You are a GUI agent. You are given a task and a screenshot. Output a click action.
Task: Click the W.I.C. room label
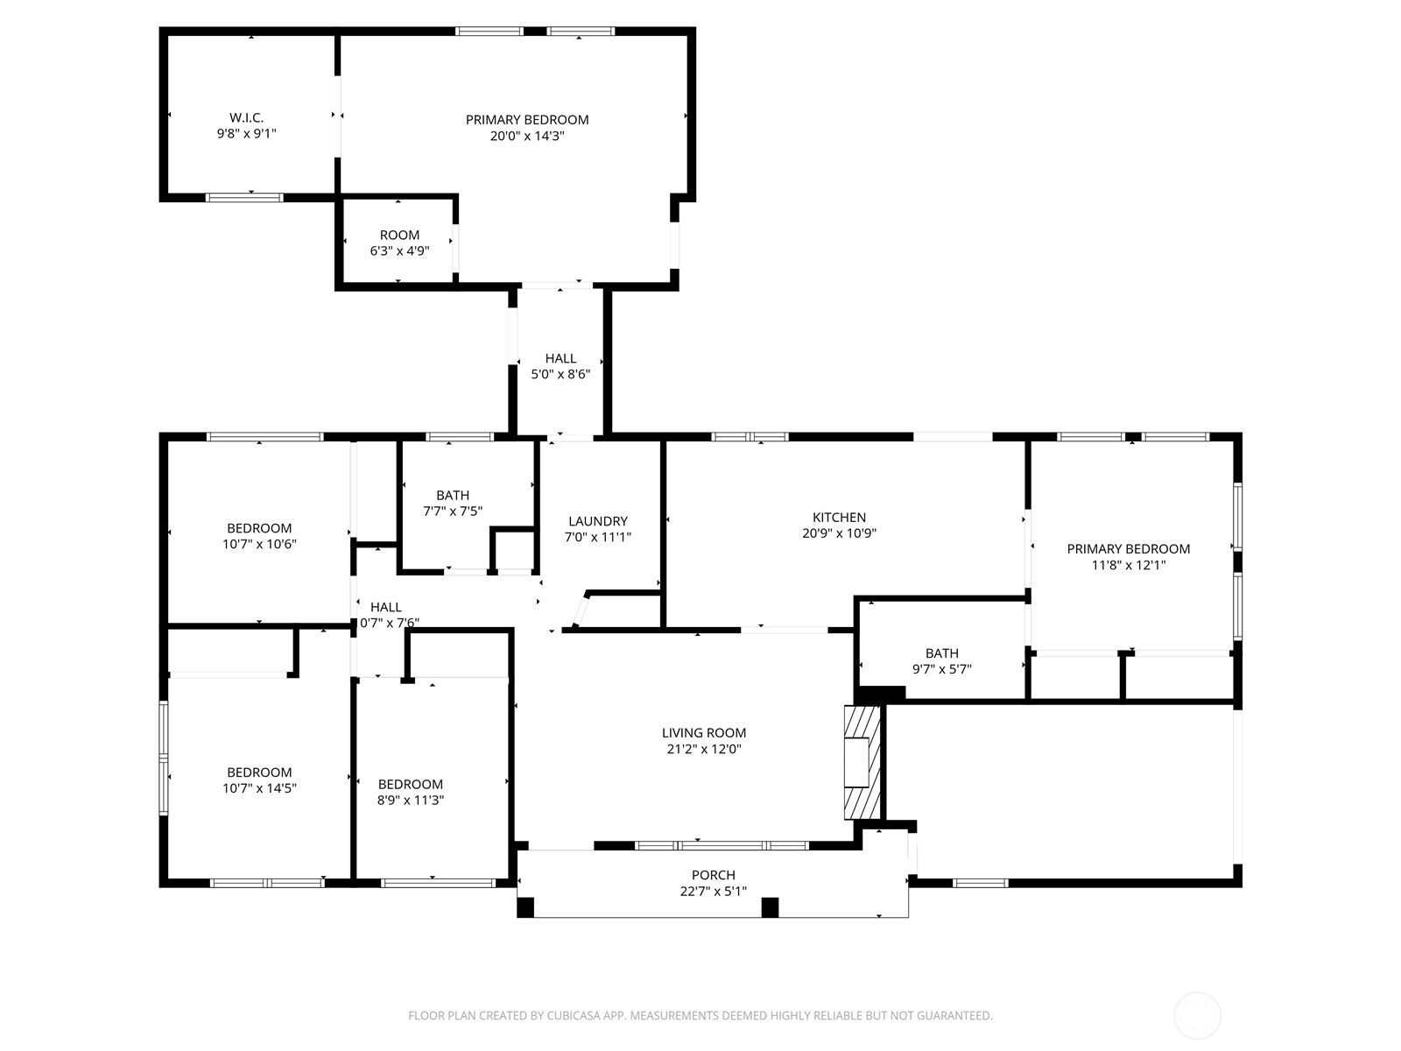[246, 117]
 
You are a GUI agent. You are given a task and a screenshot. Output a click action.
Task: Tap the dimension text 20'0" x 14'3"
[526, 136]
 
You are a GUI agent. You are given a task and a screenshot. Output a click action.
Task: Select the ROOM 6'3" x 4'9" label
[399, 235]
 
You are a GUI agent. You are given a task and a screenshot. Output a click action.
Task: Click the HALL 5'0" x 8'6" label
[560, 358]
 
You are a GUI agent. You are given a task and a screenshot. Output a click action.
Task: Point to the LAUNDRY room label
[597, 521]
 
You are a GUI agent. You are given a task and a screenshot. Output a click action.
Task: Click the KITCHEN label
[839, 518]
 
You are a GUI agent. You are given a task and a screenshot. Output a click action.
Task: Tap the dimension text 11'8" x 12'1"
[1128, 565]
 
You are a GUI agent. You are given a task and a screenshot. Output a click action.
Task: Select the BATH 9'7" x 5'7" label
[941, 653]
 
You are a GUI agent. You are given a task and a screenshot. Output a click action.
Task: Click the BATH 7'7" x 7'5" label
[453, 496]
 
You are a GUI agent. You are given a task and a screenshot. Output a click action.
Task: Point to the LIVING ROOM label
[703, 733]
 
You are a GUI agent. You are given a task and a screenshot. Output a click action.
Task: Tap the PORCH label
[713, 875]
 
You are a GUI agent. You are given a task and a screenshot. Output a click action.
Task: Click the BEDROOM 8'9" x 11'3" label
[410, 785]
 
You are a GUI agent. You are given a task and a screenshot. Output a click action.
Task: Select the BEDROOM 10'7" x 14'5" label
[259, 772]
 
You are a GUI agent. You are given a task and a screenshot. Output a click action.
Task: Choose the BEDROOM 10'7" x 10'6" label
[259, 528]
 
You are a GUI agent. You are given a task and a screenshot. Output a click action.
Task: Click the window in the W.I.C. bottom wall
[244, 198]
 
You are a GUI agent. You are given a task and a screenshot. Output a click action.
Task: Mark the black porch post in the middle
[770, 907]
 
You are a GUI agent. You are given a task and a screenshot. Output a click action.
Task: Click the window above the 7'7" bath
[459, 436]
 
